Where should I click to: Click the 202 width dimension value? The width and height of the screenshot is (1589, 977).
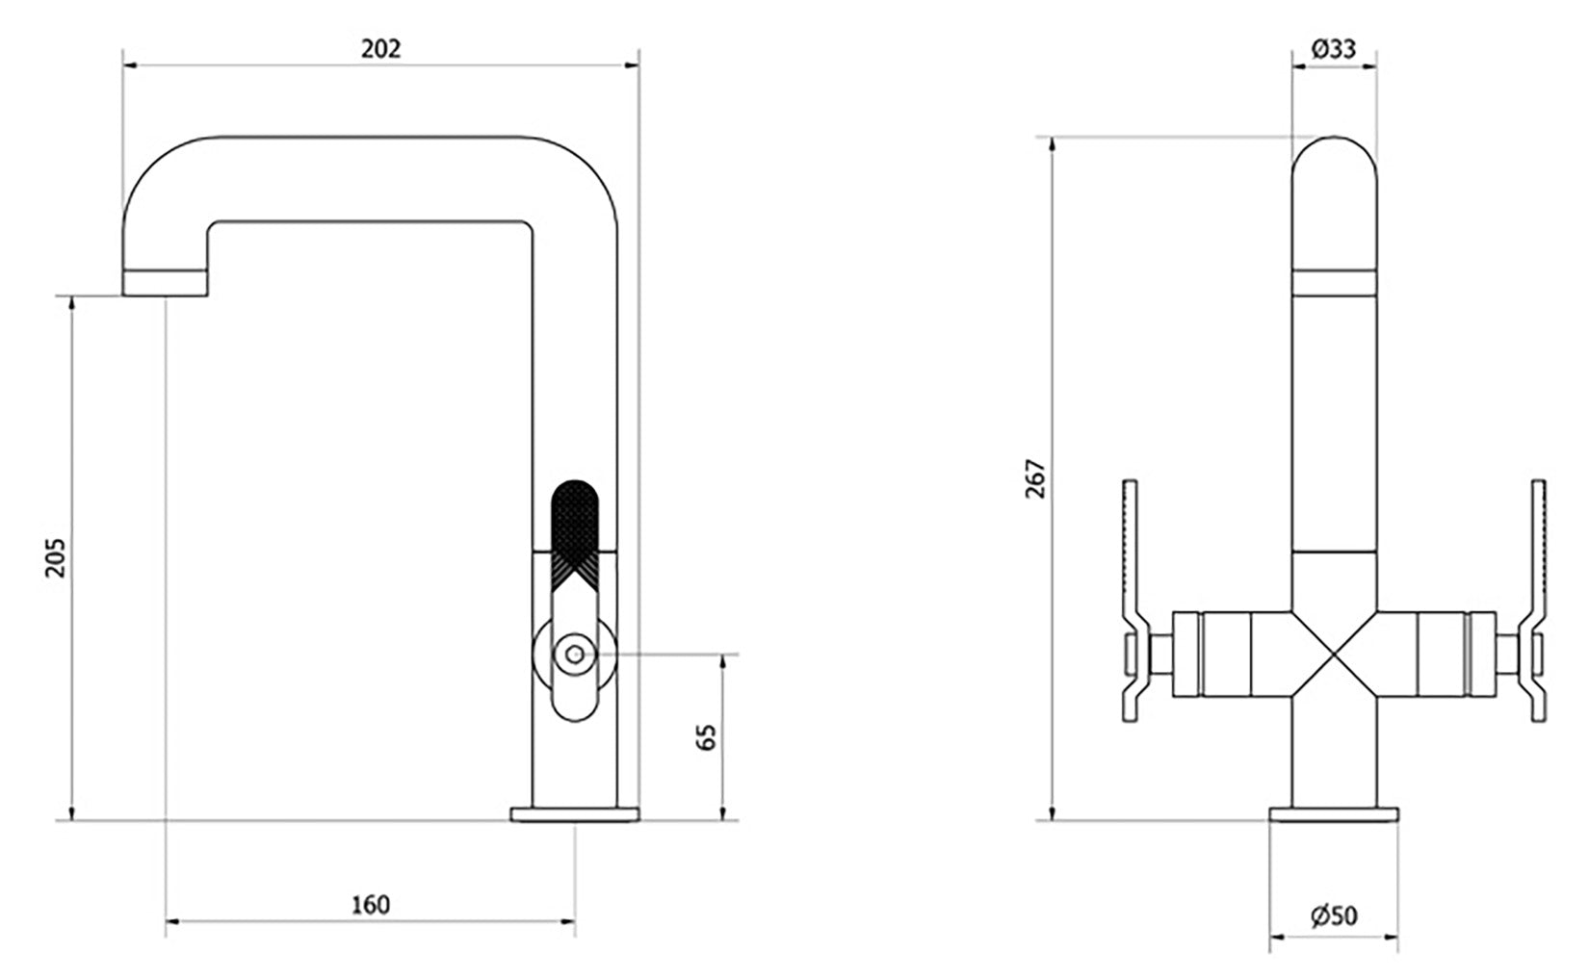point(380,49)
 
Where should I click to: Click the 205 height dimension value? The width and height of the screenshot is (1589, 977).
point(55,556)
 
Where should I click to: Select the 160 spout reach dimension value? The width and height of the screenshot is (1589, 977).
point(371,905)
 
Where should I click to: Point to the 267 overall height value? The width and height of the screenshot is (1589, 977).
point(1035,478)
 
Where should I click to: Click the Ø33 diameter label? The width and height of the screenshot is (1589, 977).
point(1333,49)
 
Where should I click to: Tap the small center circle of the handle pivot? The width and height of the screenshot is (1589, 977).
point(575,655)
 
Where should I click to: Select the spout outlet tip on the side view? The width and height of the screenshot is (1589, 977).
point(165,283)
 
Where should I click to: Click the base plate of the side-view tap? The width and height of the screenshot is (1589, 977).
point(574,814)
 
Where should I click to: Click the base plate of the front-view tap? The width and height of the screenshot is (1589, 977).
point(1333,814)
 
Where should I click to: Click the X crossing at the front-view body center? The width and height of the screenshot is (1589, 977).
point(1334,655)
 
